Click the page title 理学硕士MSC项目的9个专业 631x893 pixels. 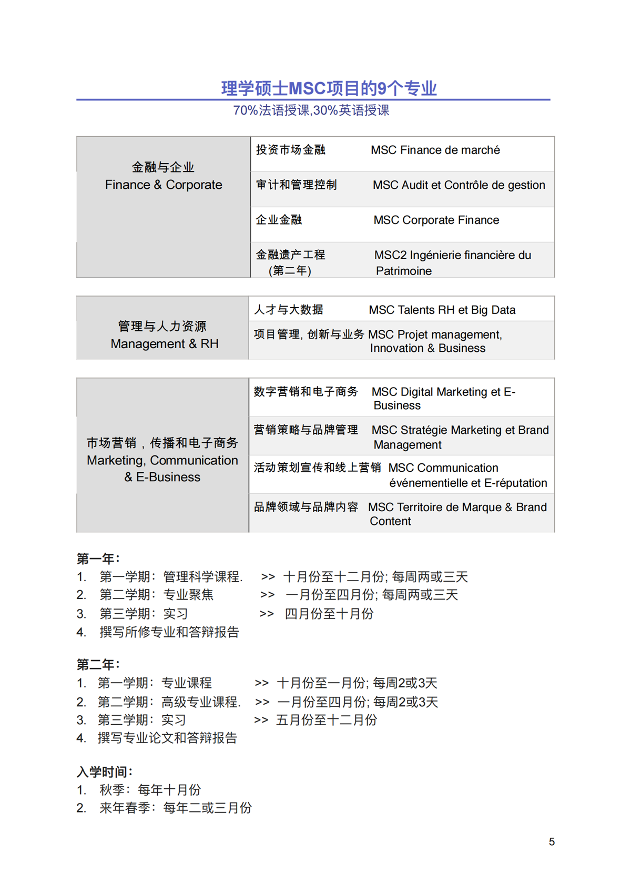pos(329,88)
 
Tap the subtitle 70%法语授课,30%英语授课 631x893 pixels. pos(311,110)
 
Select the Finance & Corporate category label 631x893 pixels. pos(164,185)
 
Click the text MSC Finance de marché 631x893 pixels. pos(435,150)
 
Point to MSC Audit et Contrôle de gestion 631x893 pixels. pos(459,185)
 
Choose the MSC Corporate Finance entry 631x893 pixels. pos(436,220)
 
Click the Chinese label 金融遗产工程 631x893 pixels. pos(290,255)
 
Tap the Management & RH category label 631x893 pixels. pos(164,343)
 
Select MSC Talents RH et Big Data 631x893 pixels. pos(442,310)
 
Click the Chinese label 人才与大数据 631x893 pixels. pos(289,310)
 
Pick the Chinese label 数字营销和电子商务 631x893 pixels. pos(306,392)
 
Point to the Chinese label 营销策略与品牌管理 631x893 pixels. pos(306,430)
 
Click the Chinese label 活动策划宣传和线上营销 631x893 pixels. pos(317,468)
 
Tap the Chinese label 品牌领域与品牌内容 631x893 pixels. pos(306,507)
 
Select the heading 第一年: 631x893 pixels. pos(98,559)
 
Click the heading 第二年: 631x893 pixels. pos(98,665)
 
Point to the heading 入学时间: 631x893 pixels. pos(105,772)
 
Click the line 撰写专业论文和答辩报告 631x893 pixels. pos(167,738)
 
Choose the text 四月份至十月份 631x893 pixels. pos(329,614)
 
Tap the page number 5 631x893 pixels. pos(552,842)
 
